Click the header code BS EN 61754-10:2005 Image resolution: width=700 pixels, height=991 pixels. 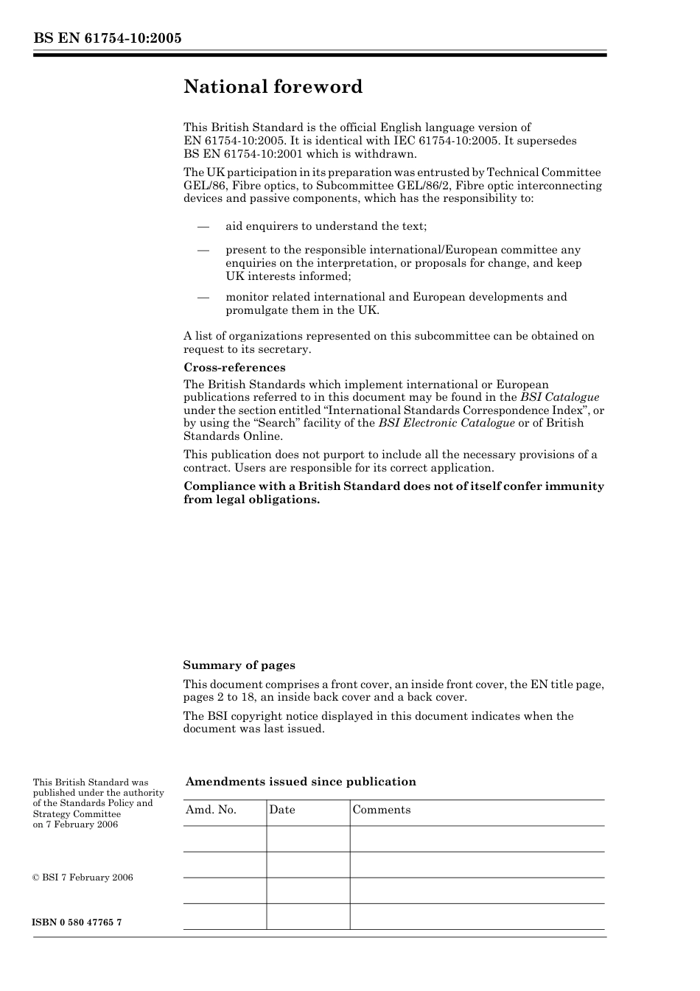point(107,39)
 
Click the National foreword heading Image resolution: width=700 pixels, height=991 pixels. point(273,87)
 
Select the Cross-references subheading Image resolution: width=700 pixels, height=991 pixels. point(234,367)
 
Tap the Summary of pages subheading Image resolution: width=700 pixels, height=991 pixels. point(239,665)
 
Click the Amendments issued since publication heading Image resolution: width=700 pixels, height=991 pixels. point(301,782)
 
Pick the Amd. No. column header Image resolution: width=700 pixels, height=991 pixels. point(211,810)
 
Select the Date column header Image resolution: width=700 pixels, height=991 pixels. point(281,810)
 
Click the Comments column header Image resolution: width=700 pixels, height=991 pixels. point(381,810)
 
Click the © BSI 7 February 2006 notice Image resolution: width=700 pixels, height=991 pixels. point(83,878)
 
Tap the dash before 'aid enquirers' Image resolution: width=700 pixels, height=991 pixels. point(203,226)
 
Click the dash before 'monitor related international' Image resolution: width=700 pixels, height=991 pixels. point(203,297)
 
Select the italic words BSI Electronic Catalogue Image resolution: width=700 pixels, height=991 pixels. point(447,423)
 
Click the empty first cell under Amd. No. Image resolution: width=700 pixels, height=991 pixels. point(224,838)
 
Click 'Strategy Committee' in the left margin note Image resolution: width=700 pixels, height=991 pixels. point(76,814)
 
